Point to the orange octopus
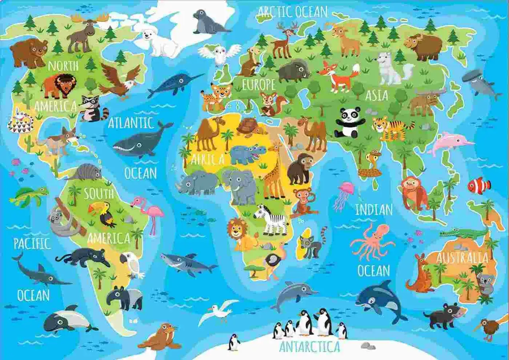[x=372, y=241]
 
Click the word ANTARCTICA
[x=310, y=346]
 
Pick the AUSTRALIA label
[x=462, y=257]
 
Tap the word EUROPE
[x=258, y=85]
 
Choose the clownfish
[x=479, y=186]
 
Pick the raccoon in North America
[x=92, y=108]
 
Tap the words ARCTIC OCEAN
[x=292, y=12]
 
